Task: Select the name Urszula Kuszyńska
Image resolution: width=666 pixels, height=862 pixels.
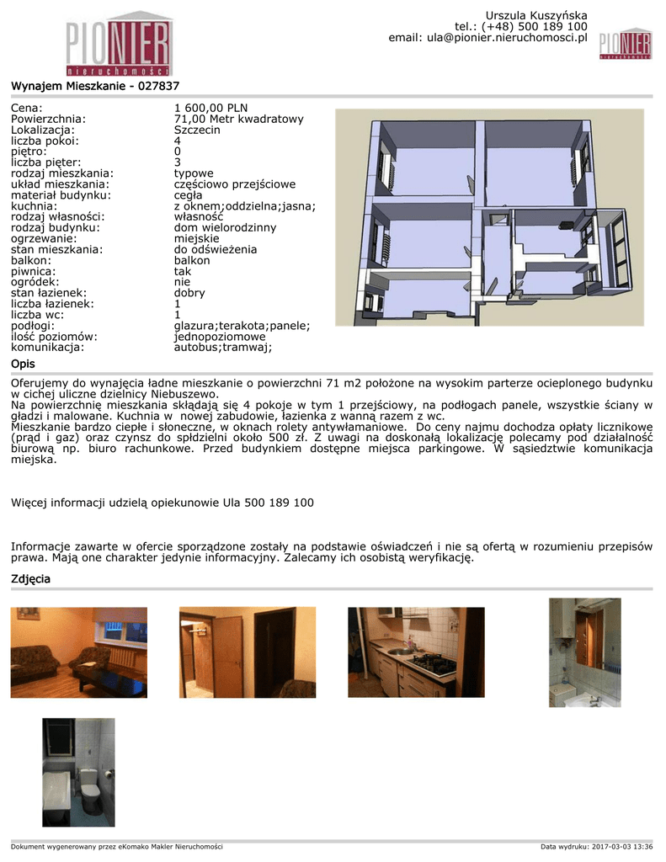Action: click(535, 16)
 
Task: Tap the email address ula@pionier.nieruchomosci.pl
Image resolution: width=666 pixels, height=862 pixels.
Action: click(506, 38)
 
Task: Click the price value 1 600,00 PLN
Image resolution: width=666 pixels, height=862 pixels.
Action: click(210, 108)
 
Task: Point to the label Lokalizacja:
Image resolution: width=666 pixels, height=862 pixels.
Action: click(43, 130)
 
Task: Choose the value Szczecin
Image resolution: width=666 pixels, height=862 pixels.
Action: click(197, 130)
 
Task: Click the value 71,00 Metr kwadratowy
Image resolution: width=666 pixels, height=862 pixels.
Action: click(238, 119)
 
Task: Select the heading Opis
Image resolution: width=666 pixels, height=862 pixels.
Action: click(23, 363)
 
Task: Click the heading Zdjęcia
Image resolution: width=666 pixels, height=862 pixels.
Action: click(30, 579)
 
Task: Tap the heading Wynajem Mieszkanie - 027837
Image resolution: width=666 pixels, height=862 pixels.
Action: click(95, 86)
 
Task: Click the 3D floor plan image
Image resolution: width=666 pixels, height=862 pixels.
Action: click(489, 217)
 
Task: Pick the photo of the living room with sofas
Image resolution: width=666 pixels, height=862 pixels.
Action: click(79, 652)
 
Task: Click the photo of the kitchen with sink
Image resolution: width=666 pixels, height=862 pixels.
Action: click(416, 652)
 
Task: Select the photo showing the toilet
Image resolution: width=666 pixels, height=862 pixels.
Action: click(78, 772)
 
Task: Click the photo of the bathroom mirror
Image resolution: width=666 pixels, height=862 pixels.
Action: click(584, 652)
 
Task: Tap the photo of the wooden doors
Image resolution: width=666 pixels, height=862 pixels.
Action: click(248, 652)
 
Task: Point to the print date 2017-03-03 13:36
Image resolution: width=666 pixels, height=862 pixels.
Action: click(622, 846)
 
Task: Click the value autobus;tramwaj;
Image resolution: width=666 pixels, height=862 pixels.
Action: click(223, 346)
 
